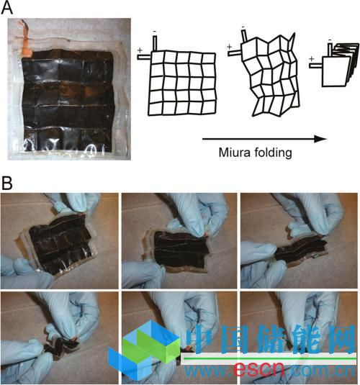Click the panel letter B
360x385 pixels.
7,184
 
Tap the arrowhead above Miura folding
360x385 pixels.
320,139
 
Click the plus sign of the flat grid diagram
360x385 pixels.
140,50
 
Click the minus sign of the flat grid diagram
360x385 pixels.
155,32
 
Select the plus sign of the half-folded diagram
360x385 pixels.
230,46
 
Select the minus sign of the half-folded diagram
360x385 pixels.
243,27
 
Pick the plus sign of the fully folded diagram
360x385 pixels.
312,59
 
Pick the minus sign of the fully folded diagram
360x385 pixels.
330,40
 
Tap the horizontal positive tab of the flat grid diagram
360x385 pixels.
144,57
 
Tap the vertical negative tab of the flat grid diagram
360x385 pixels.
155,43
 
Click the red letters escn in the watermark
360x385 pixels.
258,370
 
